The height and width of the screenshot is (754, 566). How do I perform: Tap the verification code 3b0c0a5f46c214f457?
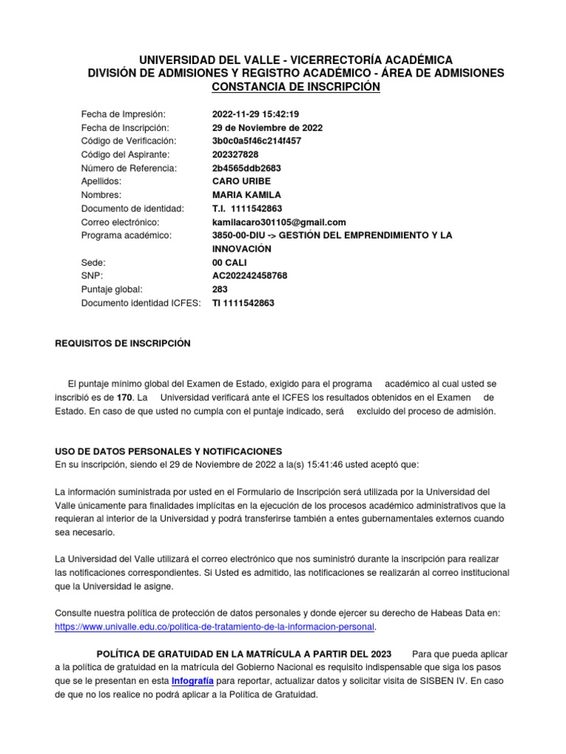[256, 141]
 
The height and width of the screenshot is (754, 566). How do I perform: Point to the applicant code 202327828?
[235, 155]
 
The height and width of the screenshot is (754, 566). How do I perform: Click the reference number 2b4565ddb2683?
[246, 168]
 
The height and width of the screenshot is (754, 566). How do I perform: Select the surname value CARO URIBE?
[241, 181]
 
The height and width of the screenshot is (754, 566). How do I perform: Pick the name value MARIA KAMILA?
[246, 195]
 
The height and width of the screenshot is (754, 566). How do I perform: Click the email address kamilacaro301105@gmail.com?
[279, 222]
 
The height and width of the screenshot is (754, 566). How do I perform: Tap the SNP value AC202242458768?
[249, 275]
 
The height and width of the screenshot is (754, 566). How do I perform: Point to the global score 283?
[220, 289]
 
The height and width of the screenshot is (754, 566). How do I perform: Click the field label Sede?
[94, 262]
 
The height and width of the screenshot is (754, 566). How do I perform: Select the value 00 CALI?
[231, 262]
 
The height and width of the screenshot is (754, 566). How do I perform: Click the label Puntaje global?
[112, 289]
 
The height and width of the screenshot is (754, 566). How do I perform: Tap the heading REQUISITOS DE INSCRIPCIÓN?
[123, 343]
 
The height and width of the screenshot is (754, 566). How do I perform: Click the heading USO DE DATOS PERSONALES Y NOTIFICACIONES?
[169, 451]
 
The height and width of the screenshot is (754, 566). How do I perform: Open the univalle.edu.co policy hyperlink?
[215, 627]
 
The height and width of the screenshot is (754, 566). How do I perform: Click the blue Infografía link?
[192, 680]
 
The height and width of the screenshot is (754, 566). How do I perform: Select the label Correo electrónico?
[121, 222]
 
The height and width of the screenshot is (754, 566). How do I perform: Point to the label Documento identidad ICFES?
[141, 303]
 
